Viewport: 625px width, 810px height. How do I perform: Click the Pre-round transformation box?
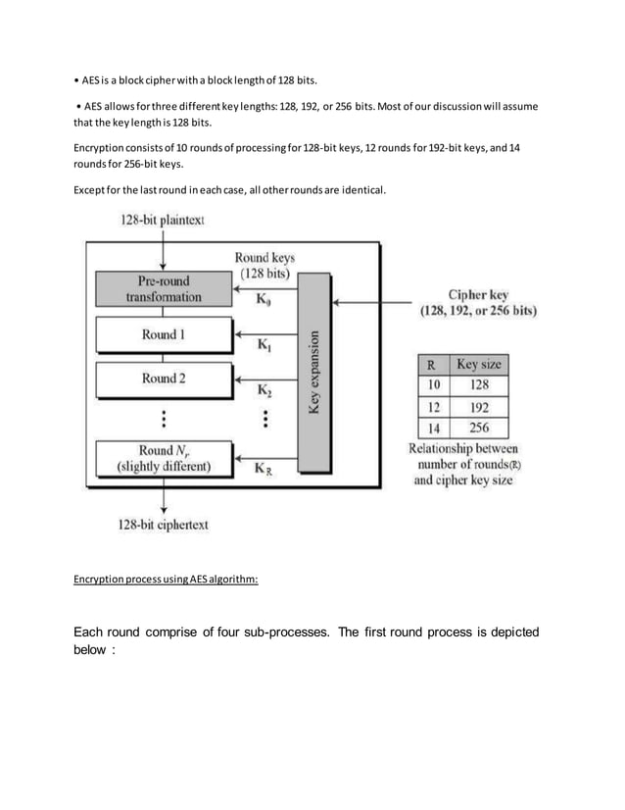point(162,287)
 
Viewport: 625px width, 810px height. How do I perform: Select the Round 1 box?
point(162,335)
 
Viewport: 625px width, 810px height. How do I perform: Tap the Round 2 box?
point(162,379)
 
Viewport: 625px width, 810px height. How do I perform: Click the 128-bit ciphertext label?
point(164,524)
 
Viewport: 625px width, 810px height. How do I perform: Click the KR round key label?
point(264,468)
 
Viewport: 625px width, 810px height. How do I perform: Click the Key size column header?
point(480,365)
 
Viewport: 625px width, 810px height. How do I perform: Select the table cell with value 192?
point(480,406)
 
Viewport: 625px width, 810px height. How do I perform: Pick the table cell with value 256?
point(480,428)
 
